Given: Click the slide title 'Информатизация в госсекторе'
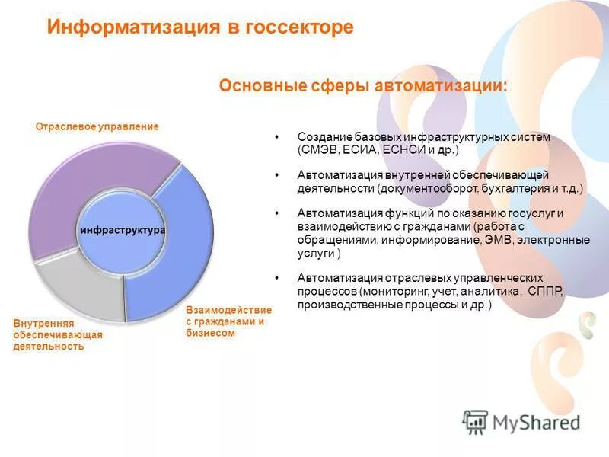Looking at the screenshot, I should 200,27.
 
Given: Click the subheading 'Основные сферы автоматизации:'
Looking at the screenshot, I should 363,85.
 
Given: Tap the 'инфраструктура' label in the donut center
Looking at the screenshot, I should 123,229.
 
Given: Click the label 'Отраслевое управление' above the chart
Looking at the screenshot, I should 97,126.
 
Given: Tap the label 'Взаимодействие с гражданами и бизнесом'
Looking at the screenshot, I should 228,321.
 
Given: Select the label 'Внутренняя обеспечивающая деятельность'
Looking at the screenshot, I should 57,335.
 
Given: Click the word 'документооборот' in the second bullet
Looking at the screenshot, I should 419,187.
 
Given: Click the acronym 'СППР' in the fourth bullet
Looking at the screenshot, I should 545,291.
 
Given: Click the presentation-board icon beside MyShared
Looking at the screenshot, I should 474,421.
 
